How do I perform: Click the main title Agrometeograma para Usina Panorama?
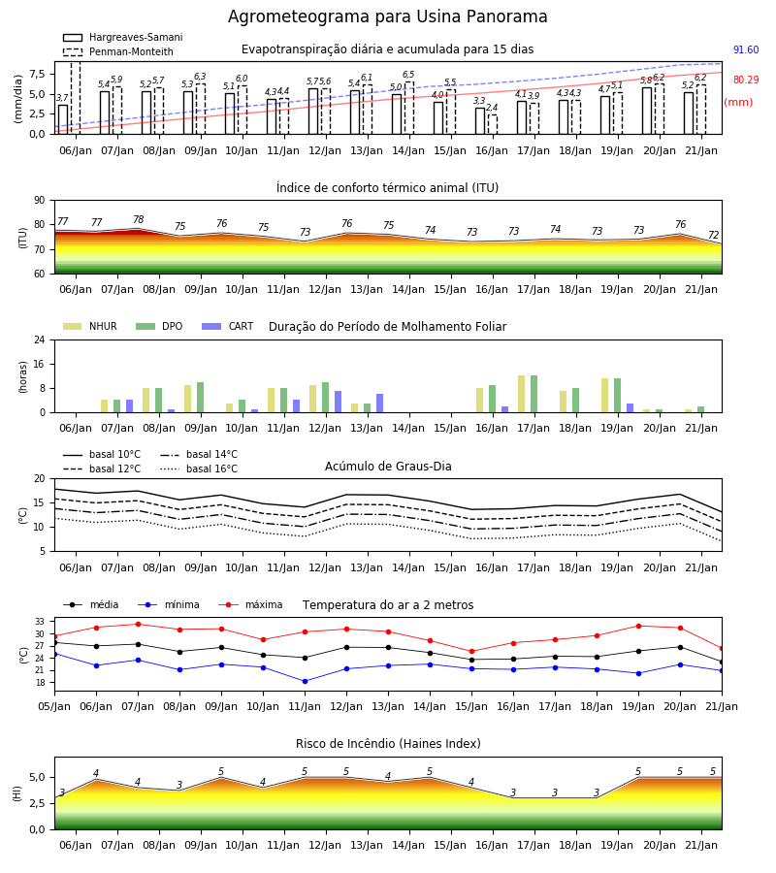387,16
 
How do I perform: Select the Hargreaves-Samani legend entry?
122,37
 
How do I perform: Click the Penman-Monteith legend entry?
118,51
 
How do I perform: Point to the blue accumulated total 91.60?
746,49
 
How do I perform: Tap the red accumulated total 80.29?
746,80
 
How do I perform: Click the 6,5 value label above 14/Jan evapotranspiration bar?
408,75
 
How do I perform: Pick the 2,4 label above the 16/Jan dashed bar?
492,108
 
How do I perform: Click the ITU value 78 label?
138,219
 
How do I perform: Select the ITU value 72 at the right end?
713,235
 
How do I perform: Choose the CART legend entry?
228,326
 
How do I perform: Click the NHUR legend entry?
90,326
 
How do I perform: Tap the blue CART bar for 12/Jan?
338,402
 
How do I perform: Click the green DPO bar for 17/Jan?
533,394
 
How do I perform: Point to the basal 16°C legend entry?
199,469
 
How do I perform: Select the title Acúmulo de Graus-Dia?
388,467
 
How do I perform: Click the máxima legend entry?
251,604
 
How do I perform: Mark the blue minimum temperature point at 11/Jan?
305,682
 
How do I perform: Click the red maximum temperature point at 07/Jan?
138,624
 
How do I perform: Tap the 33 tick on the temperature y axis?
40,622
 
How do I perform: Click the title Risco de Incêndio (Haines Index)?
388,744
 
